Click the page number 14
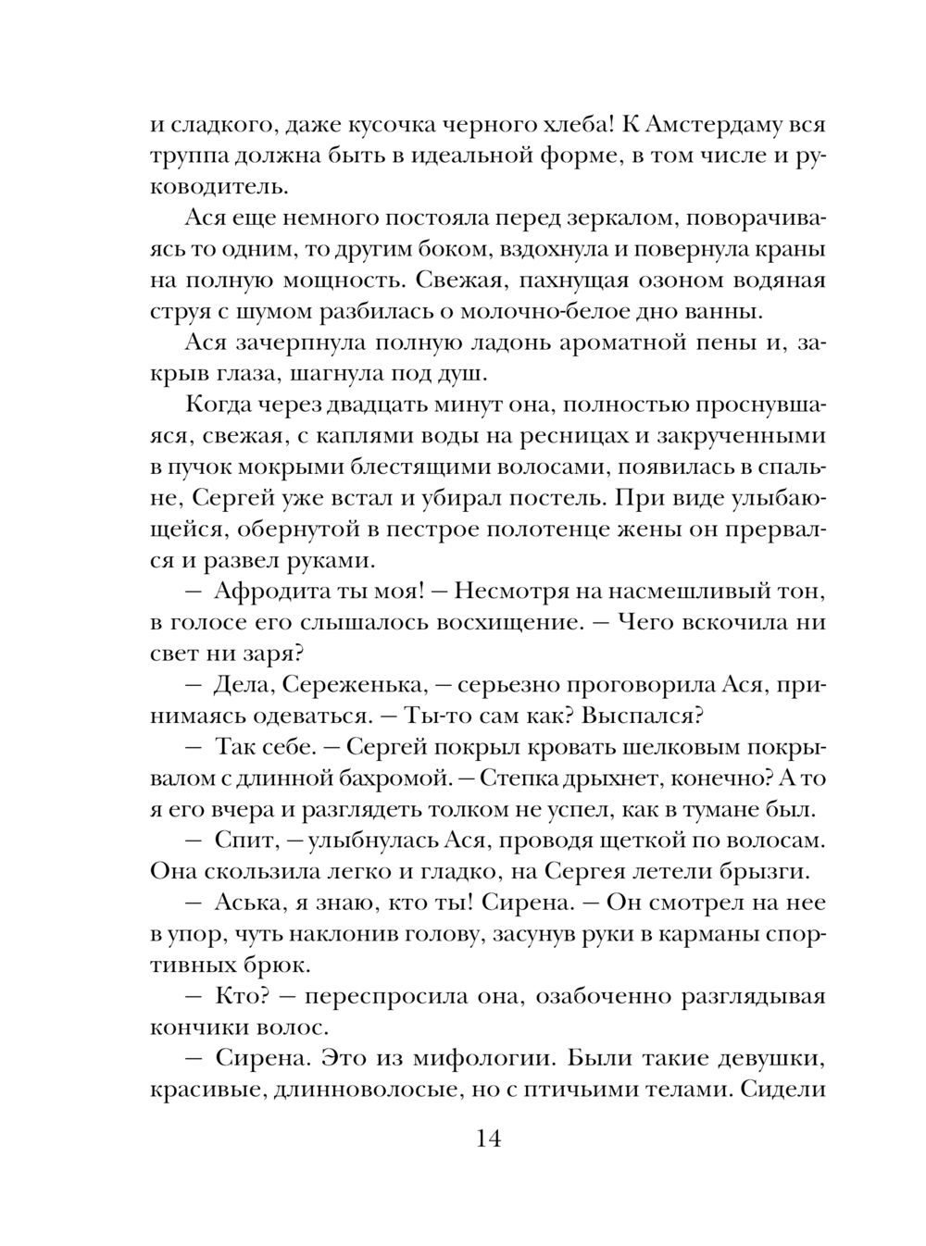pos(488,1139)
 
